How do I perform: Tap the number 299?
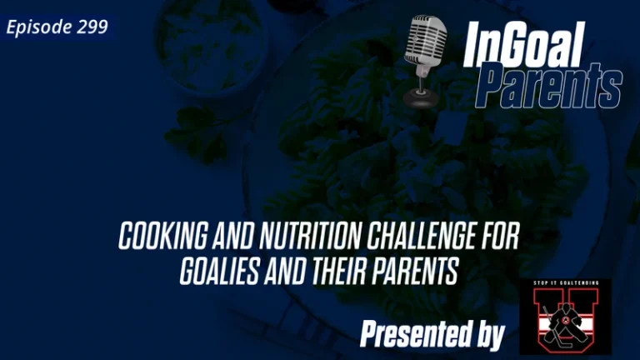tap(92, 27)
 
